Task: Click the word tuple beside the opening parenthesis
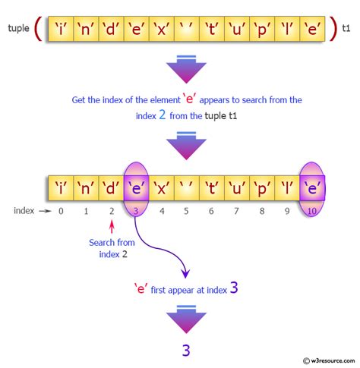tap(18, 28)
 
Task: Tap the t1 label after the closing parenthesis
tap(346, 28)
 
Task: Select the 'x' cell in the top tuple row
tap(162, 29)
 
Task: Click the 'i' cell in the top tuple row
tap(61, 29)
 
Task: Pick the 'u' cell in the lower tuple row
tap(237, 188)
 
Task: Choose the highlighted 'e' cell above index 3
tap(136, 188)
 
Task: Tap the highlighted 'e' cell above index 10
tap(312, 188)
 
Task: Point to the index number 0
tap(61, 211)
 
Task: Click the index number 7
tap(236, 211)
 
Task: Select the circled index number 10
tap(311, 211)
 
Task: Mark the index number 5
tap(186, 211)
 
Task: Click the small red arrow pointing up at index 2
tap(112, 227)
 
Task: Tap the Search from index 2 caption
tap(112, 248)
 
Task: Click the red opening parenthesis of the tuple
tap(38, 28)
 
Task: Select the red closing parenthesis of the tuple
tap(333, 28)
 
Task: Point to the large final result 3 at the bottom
tap(186, 351)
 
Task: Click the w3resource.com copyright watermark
tap(329, 360)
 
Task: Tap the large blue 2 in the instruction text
tap(163, 115)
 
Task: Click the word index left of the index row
tap(24, 210)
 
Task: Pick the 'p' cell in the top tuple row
tap(262, 29)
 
